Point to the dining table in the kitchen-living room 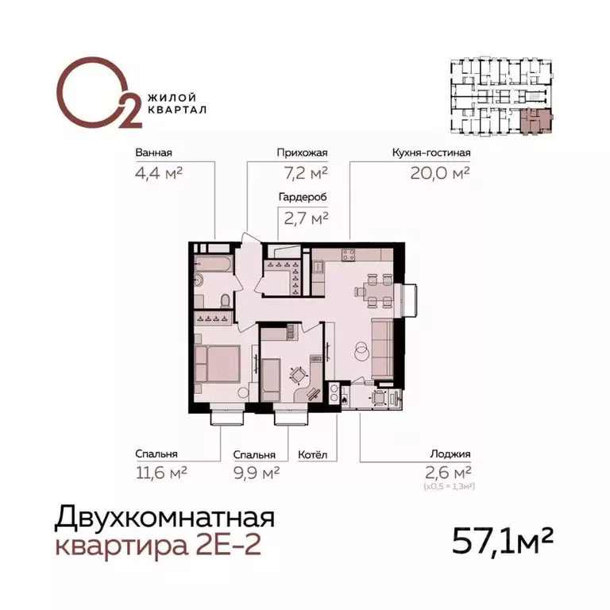(374, 289)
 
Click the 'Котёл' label (312, 455)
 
